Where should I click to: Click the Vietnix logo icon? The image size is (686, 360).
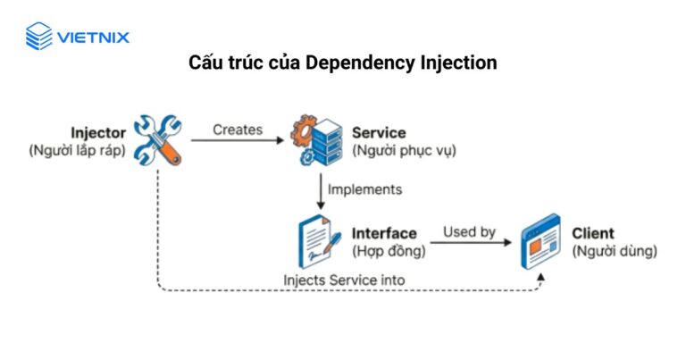39,36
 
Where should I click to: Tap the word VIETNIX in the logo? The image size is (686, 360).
93,38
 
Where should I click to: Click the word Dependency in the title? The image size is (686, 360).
360,63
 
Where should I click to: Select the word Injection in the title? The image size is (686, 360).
458,63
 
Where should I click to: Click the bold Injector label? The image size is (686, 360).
98,132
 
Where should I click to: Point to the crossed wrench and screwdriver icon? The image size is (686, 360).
158,140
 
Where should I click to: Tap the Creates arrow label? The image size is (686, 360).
238,130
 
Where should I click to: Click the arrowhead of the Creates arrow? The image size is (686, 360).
279,140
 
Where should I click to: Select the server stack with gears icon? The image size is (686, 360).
317,140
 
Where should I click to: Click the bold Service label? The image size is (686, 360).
379,132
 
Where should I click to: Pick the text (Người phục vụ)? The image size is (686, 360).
405,150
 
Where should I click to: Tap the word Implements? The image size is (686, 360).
364,189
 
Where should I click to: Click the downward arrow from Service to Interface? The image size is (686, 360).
321,191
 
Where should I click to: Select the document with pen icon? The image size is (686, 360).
320,241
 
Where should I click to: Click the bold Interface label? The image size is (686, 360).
384,233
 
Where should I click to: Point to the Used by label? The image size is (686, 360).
470,232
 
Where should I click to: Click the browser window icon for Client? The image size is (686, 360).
540,241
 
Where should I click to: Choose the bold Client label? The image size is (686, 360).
593,233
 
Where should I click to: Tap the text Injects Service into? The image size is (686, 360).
344,280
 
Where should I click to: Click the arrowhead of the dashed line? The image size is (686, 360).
540,277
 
